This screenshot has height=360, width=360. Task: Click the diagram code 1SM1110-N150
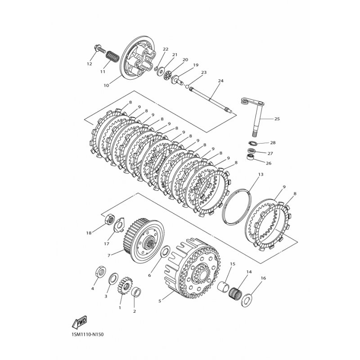pyautogui.click(x=85, y=334)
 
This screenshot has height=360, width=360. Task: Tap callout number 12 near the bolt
pyautogui.click(x=89, y=64)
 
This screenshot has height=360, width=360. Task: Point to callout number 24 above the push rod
pyautogui.click(x=220, y=81)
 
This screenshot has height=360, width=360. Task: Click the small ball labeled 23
pyautogui.click(x=187, y=87)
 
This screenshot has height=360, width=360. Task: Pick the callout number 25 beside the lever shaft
pyautogui.click(x=277, y=119)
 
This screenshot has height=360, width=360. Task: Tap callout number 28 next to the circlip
pyautogui.click(x=273, y=143)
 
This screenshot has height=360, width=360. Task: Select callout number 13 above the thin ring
pyautogui.click(x=261, y=175)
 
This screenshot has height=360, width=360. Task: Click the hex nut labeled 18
pyautogui.click(x=110, y=219)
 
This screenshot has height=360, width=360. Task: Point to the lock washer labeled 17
pyautogui.click(x=119, y=225)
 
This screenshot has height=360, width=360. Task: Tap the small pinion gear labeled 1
pyautogui.click(x=124, y=286)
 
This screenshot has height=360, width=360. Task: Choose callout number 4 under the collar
pyautogui.click(x=93, y=288)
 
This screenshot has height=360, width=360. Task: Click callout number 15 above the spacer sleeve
pyautogui.click(x=233, y=264)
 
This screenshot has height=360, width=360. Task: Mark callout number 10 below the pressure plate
pyautogui.click(x=106, y=85)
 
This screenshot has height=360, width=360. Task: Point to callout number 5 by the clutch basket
pyautogui.click(x=160, y=301)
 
